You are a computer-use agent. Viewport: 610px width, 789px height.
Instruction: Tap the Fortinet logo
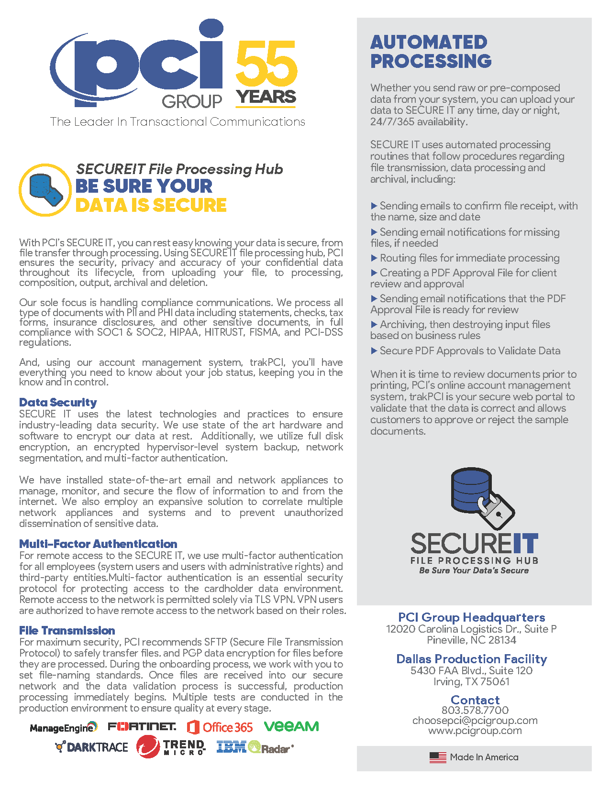point(142,727)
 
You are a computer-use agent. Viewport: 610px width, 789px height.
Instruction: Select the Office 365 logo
point(220,727)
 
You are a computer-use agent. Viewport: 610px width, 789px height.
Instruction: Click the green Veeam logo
point(291,726)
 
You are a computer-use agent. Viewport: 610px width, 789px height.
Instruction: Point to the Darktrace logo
point(92,747)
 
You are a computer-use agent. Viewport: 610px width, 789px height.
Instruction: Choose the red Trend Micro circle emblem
point(148,747)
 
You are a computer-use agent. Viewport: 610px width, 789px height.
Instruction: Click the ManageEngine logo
point(63,728)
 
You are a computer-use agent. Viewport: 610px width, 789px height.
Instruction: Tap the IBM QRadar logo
point(255,747)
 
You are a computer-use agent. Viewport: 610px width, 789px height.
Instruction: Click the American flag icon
point(437,757)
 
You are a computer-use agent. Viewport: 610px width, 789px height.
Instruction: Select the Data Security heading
point(58,402)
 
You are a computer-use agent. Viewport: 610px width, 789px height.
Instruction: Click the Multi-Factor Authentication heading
point(98,544)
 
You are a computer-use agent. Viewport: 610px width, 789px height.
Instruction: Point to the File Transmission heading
point(67,630)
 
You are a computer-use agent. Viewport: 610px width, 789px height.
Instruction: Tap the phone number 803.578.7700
point(475,710)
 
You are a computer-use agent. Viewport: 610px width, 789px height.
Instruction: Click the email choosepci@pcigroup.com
point(475,720)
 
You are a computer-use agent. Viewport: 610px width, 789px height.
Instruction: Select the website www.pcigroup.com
point(475,731)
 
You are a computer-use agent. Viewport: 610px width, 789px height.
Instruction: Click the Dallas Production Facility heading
point(471,659)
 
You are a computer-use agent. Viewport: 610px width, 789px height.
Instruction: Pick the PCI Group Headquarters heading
point(471,617)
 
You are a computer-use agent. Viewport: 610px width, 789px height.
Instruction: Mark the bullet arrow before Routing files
point(374,258)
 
